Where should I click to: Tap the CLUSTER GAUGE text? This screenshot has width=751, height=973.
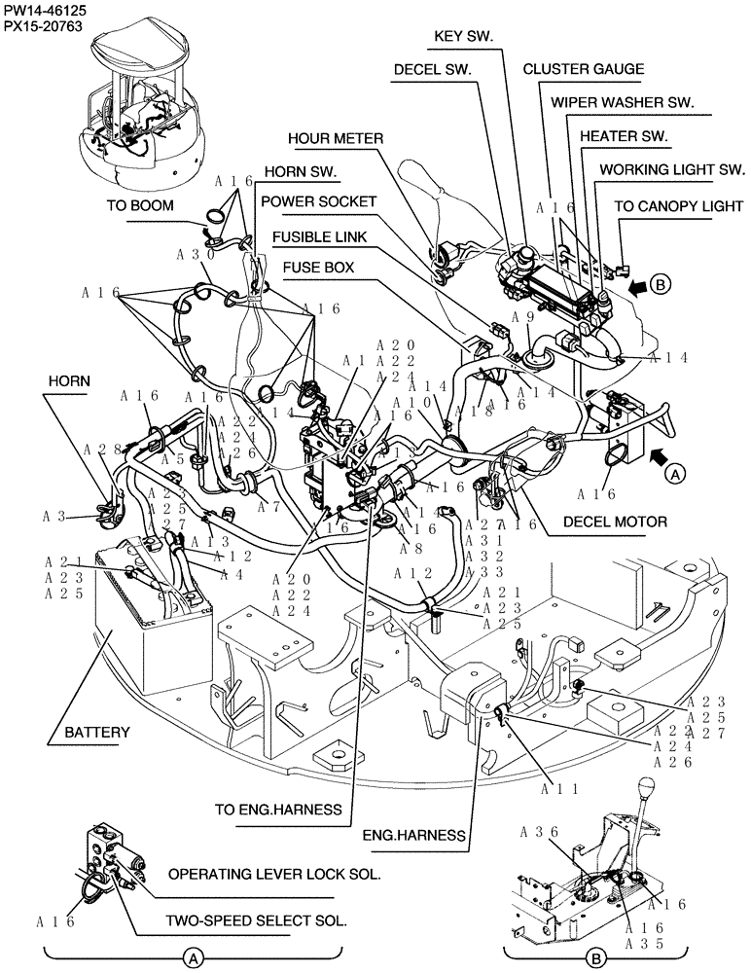(x=583, y=69)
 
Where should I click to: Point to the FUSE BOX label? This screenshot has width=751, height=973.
(x=318, y=266)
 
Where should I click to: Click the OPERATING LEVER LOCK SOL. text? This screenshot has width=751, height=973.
(x=273, y=874)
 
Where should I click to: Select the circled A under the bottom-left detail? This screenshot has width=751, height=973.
(x=194, y=958)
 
